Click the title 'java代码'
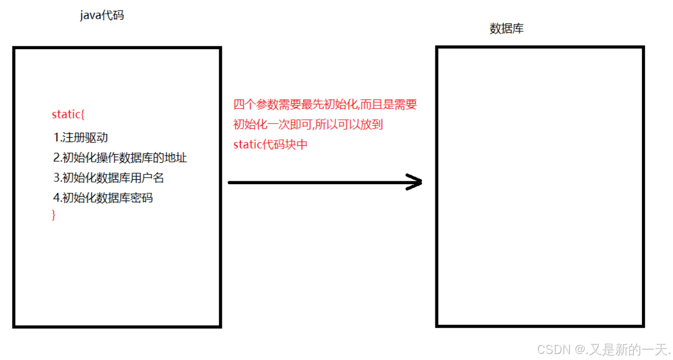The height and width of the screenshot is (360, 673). coord(102,15)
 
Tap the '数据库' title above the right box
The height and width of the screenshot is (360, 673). coord(506,29)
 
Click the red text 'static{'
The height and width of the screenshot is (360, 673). coord(68,115)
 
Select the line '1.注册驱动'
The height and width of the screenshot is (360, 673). coord(80,137)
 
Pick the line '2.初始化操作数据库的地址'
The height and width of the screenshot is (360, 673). coord(120,158)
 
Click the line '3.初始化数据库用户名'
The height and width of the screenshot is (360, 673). coord(109,178)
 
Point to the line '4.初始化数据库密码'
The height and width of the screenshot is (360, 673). coord(103,198)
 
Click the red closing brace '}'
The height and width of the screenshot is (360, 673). coord(54,215)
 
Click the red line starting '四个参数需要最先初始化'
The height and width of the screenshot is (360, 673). coord(325,104)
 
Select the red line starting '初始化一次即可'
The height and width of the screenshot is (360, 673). coord(308,125)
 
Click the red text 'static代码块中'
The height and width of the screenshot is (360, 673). coord(271,145)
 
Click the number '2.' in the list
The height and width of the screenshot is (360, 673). coord(57,158)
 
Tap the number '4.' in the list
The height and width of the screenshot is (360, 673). coord(57,198)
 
